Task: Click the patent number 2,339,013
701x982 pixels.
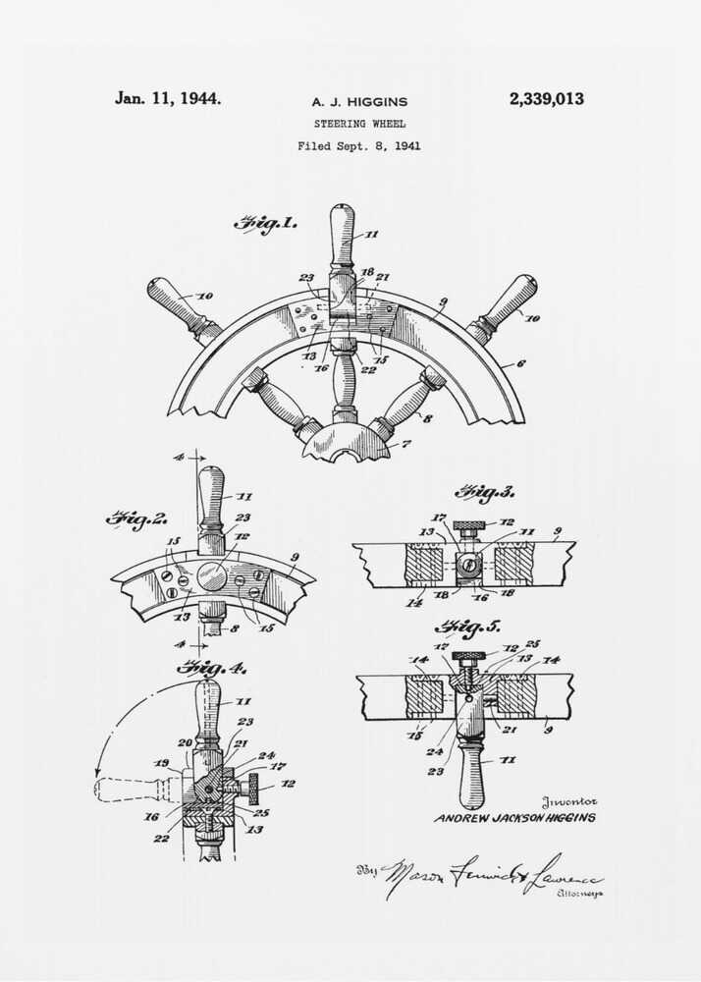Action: [546, 99]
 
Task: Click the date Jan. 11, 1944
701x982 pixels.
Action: [168, 98]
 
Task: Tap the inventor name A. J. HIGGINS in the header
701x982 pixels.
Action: [359, 101]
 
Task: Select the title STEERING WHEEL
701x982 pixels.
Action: [359, 124]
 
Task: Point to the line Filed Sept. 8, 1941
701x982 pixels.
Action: [359, 146]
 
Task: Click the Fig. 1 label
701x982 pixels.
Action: [265, 224]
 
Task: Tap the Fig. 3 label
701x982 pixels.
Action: [484, 492]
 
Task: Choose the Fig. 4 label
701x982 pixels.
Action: [211, 668]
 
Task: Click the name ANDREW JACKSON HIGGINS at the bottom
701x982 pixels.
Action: [514, 817]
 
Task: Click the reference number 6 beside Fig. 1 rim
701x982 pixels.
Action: [521, 363]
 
